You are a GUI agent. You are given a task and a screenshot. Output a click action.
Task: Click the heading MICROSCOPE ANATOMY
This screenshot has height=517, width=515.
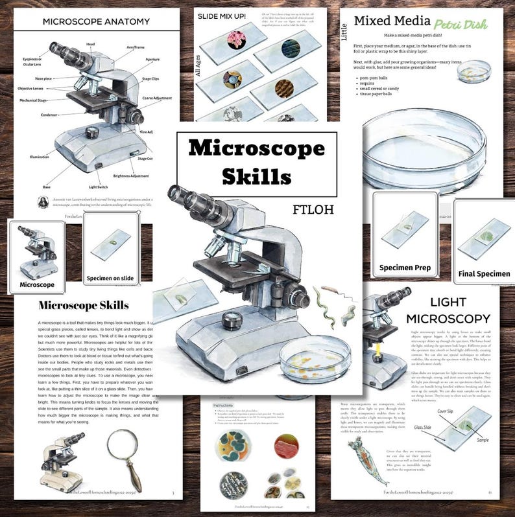[92, 21]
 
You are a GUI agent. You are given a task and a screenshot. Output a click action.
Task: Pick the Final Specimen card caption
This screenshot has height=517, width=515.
[484, 273]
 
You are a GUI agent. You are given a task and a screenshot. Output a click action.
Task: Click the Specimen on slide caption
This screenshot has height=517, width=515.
[110, 279]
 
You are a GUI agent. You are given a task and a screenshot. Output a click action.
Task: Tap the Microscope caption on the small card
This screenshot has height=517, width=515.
[36, 284]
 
